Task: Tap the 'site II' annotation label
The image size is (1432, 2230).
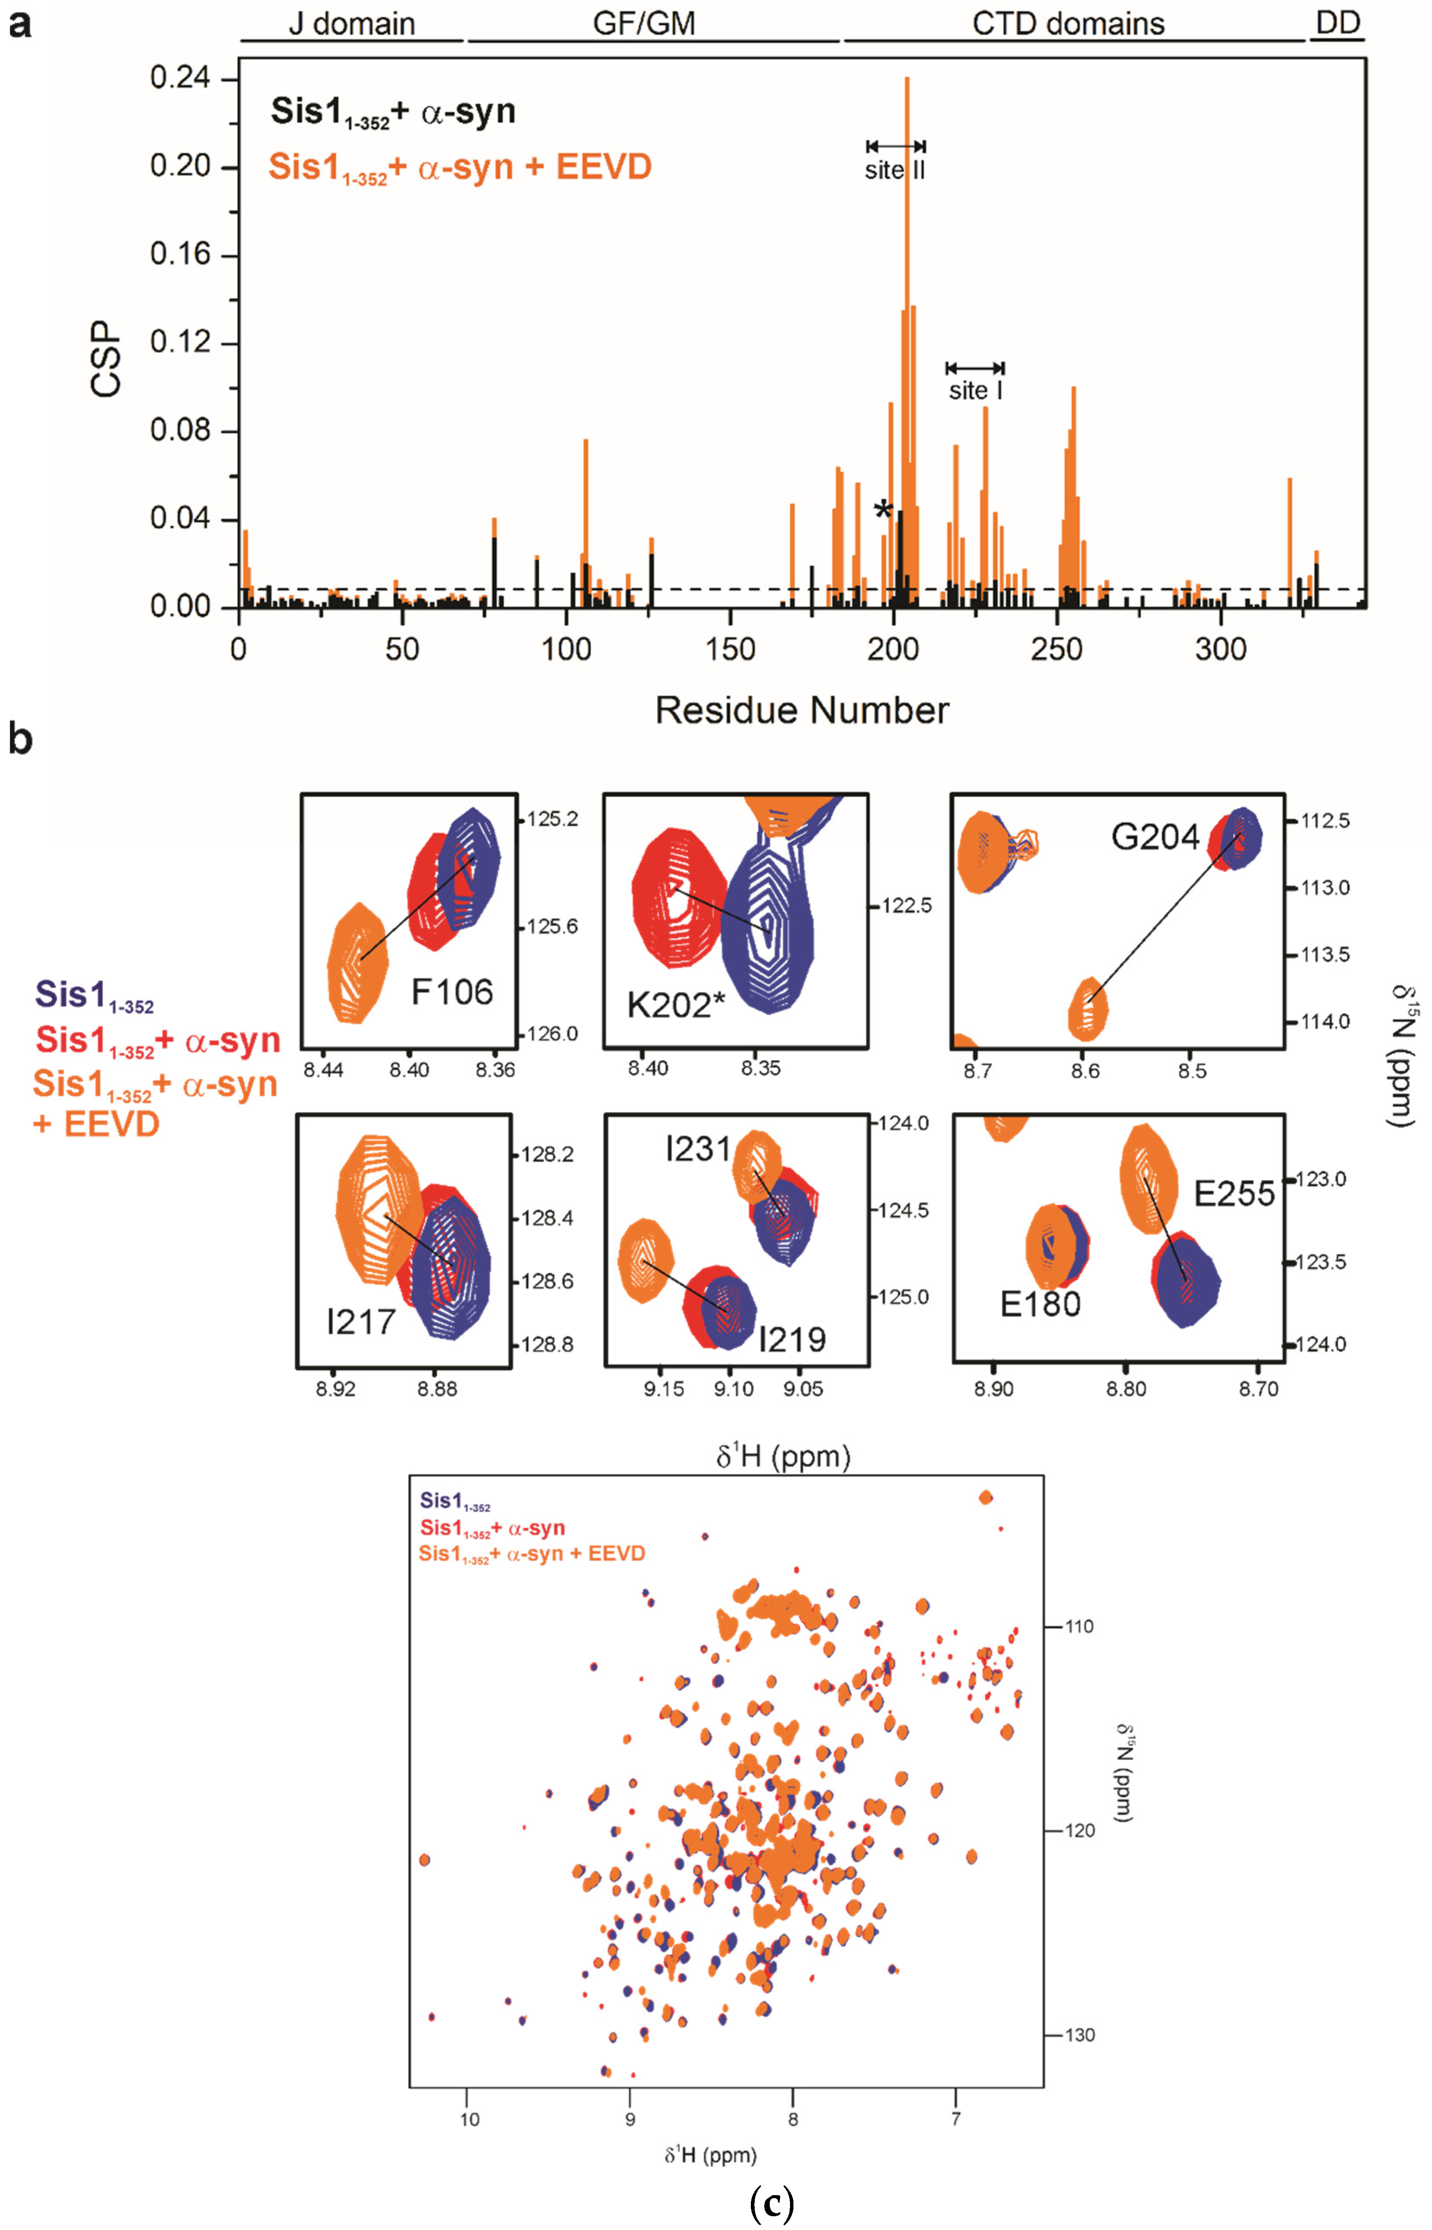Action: [x=895, y=170]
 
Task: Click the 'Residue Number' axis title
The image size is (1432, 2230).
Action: [x=802, y=710]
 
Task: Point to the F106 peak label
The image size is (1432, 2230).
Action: [x=452, y=993]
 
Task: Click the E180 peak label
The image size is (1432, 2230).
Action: [x=1040, y=1304]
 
